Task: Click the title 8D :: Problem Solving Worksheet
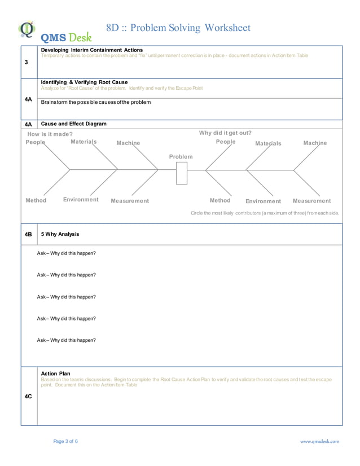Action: pyautogui.click(x=178, y=28)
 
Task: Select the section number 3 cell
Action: pyautogui.click(x=27, y=62)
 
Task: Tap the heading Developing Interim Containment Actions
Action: pyautogui.click(x=92, y=50)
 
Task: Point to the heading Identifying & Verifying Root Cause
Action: pyautogui.click(x=84, y=82)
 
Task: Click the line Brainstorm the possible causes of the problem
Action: pyautogui.click(x=96, y=102)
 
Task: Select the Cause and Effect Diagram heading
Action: pyautogui.click(x=73, y=124)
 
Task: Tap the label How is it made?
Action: pyautogui.click(x=50, y=134)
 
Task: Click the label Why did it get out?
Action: pyautogui.click(x=225, y=133)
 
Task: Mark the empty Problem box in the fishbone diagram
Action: pyautogui.click(x=181, y=173)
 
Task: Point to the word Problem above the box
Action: pyautogui.click(x=181, y=157)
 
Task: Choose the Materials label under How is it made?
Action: pyautogui.click(x=84, y=142)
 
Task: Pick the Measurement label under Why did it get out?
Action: pyautogui.click(x=311, y=201)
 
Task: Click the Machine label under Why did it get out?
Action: pyautogui.click(x=315, y=143)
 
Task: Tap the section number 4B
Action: pyautogui.click(x=28, y=234)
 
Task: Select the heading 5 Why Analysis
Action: pyautogui.click(x=60, y=234)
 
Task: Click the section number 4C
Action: pyautogui.click(x=28, y=396)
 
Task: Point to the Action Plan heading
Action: pyautogui.click(x=56, y=373)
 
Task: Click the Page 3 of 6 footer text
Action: pyautogui.click(x=65, y=441)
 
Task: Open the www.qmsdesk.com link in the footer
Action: pyautogui.click(x=319, y=441)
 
